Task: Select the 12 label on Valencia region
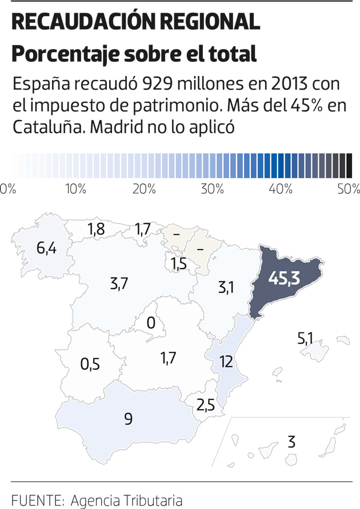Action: coord(226,361)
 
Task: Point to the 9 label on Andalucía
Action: coord(128,419)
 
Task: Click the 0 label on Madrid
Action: coord(151,323)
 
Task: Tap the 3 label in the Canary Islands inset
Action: coord(291,442)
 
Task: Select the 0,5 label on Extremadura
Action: coord(90,364)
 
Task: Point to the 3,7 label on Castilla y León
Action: coord(118,283)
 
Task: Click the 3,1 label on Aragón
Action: coord(226,288)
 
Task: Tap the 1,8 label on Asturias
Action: coord(96,229)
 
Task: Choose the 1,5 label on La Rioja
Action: coord(179,264)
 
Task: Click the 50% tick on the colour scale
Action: coord(349,189)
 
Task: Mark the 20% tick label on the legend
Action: coord(144,189)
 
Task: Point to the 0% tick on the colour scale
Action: coord(8,189)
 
